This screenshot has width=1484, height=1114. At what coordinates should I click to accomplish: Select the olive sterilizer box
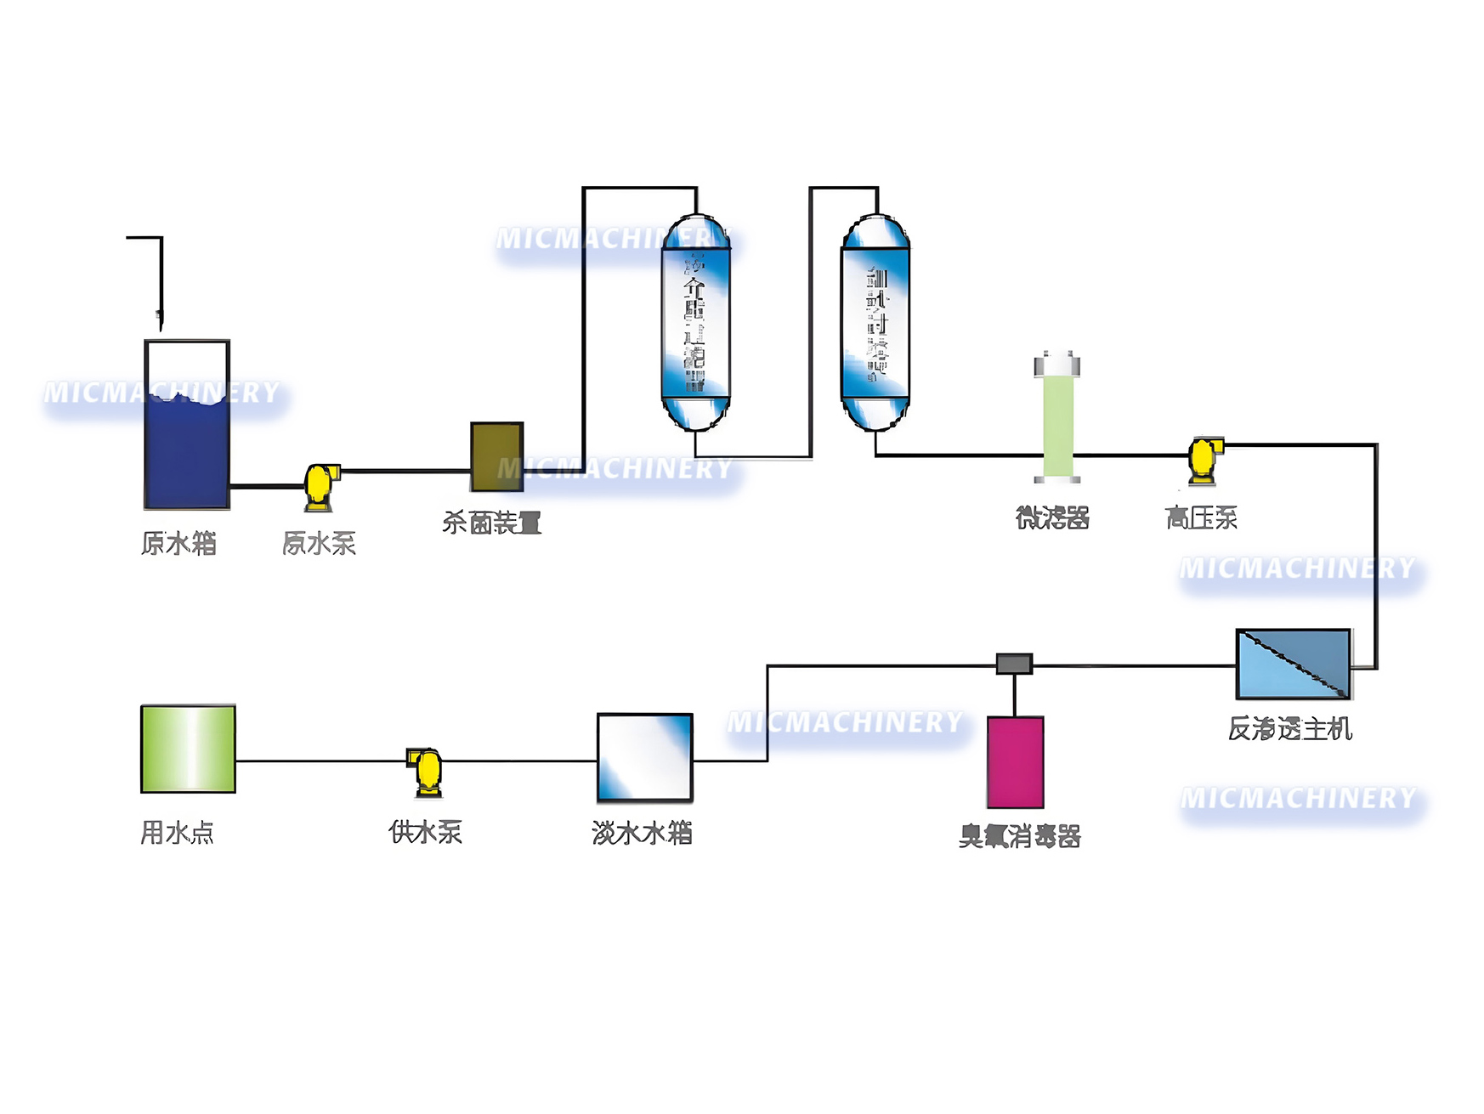pos(496,456)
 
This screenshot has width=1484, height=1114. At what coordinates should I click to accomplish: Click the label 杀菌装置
pos(491,523)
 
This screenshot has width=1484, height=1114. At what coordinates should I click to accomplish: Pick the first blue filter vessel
pos(695,323)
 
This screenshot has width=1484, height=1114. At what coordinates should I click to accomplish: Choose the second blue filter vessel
pos(875,323)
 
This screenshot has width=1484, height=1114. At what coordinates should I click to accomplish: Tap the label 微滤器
pos(1052,517)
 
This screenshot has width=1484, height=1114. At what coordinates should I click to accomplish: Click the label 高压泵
pos(1200,517)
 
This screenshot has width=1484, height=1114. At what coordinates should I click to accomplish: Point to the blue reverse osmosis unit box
pos(1293,664)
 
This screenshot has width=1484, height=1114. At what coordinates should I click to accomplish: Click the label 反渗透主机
pos(1289,728)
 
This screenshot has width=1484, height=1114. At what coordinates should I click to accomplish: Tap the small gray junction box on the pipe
pos(1014,663)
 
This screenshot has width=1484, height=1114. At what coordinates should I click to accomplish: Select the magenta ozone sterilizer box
pos(1015,761)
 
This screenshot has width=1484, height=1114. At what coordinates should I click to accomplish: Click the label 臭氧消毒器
pos(1019,836)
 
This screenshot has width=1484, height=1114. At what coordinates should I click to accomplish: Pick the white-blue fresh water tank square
pos(644,757)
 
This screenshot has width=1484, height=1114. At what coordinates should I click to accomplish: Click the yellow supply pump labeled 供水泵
pos(426,771)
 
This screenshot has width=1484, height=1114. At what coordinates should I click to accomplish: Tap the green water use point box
pos(188,749)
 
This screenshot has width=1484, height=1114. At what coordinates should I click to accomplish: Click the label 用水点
pos(177,832)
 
